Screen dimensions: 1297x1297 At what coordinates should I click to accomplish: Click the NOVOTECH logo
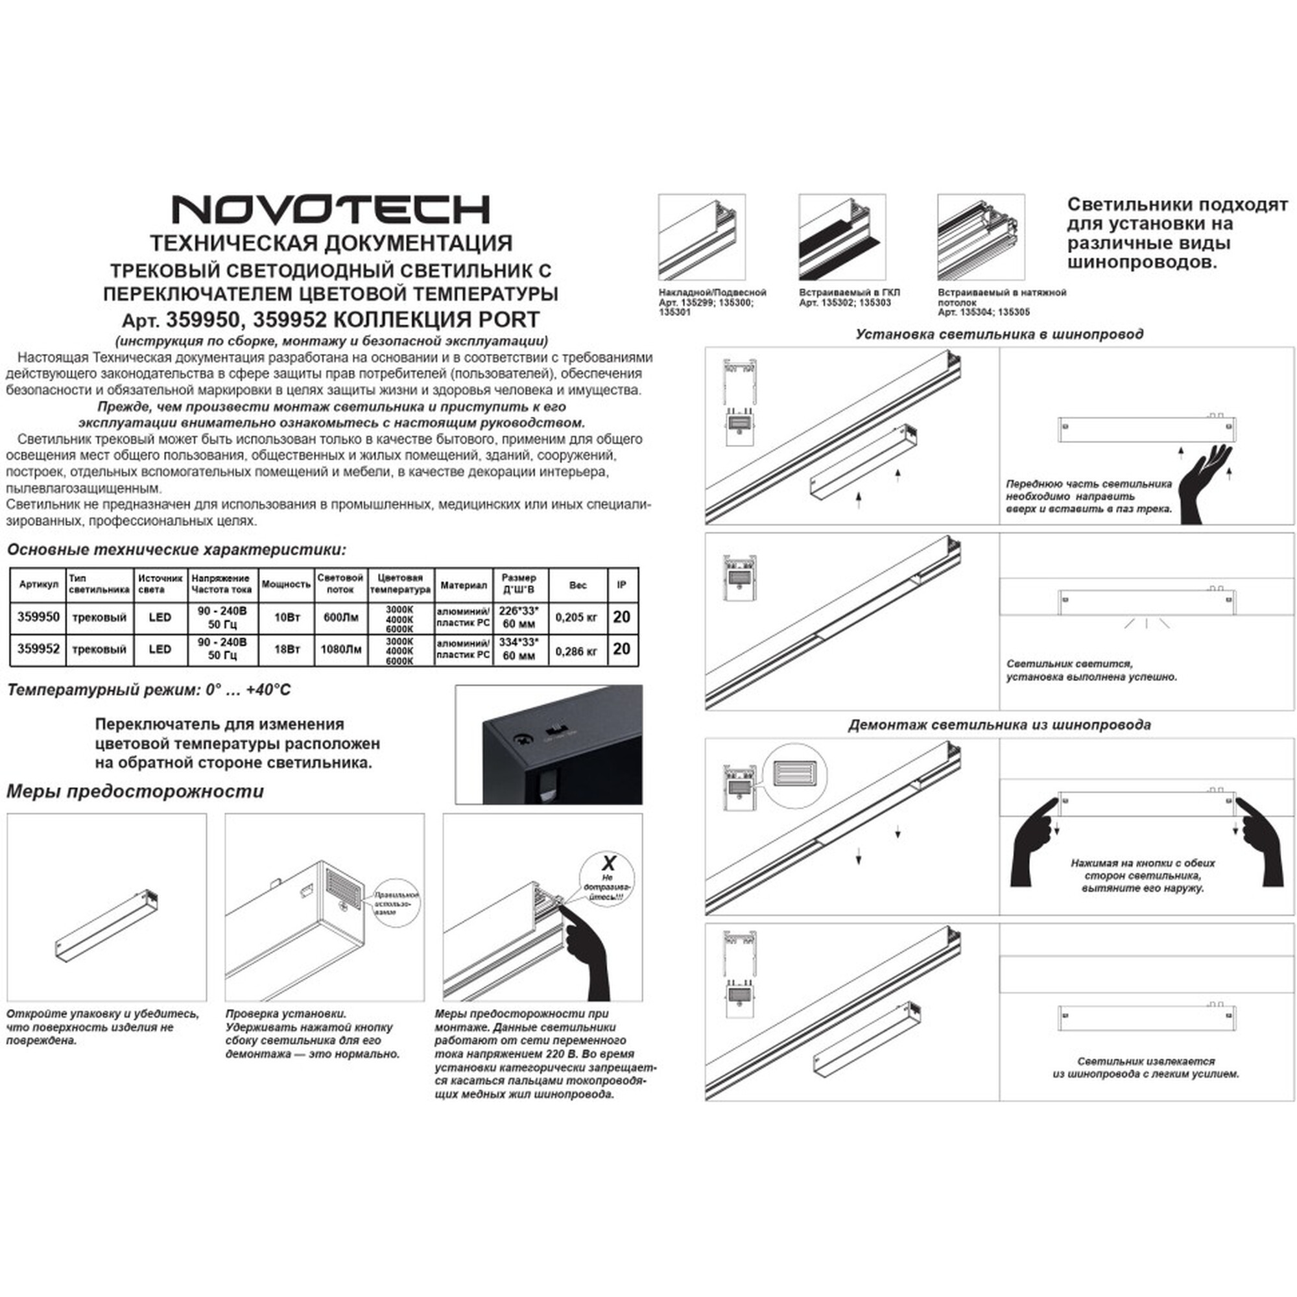point(331,209)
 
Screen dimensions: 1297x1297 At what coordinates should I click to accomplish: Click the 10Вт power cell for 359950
point(287,617)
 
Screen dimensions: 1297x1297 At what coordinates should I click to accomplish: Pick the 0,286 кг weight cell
point(577,650)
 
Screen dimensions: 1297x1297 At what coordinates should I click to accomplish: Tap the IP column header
point(622,585)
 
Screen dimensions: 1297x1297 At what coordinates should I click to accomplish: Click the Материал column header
point(463,586)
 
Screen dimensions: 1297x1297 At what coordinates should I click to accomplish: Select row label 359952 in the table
point(38,649)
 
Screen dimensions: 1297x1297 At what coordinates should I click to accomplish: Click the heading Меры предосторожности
point(135,791)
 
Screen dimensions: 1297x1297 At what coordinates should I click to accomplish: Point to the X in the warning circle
point(608,863)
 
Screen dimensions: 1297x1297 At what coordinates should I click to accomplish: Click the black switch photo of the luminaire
point(549,744)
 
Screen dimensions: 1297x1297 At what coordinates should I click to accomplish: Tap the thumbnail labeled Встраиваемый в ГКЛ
point(842,237)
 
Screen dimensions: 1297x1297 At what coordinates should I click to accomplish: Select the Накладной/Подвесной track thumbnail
point(702,237)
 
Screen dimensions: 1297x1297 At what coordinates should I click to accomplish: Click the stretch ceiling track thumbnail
point(981,237)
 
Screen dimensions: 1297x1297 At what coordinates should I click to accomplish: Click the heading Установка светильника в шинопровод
point(999,333)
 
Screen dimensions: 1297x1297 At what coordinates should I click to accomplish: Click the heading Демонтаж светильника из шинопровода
point(999,725)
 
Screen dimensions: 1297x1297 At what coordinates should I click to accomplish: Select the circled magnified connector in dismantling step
point(796,775)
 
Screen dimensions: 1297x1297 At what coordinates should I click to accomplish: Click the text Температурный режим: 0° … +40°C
point(149,690)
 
